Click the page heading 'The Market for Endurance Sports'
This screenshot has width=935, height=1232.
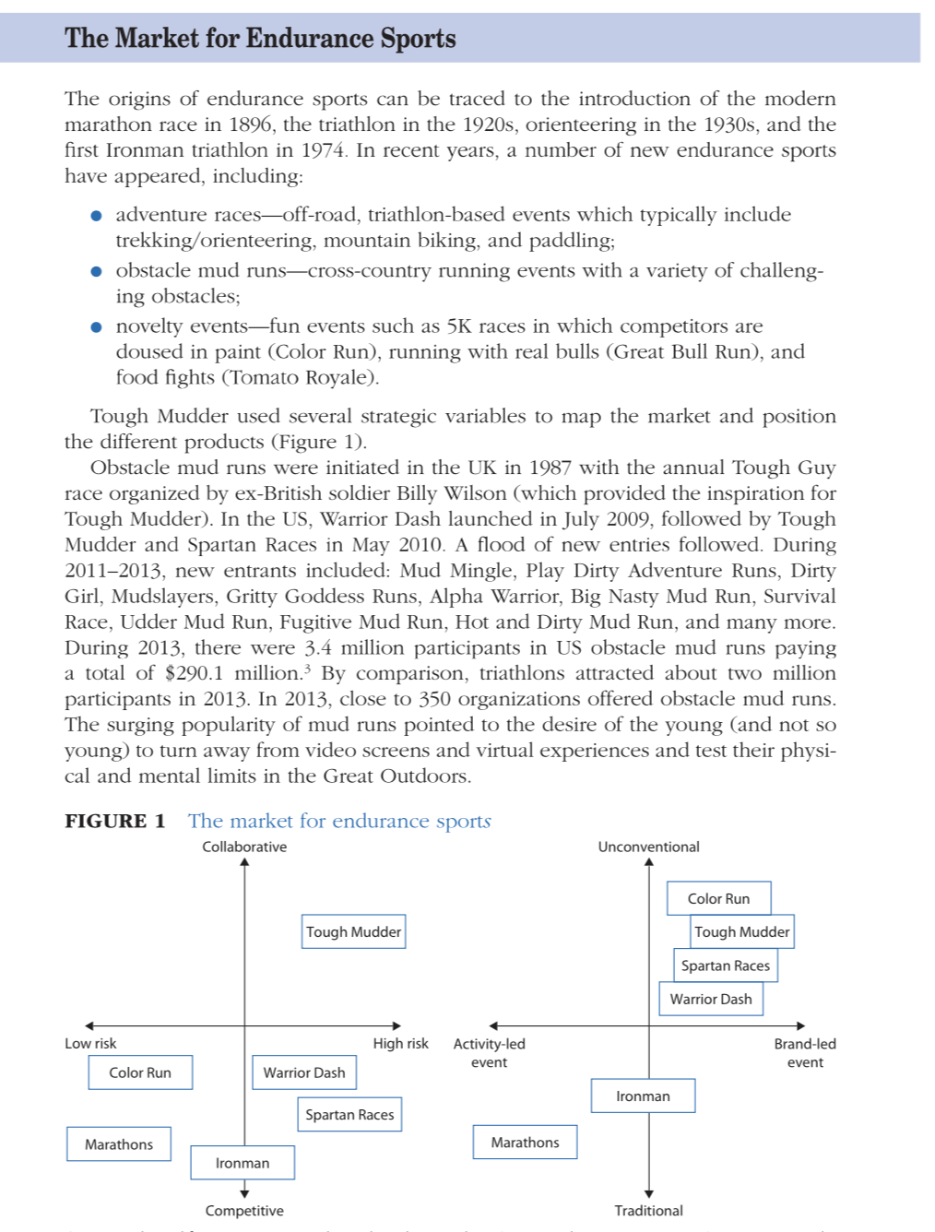click(260, 38)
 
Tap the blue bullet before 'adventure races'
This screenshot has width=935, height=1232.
click(96, 216)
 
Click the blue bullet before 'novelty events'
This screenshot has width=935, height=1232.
click(96, 326)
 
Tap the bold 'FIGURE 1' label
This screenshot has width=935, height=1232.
click(115, 821)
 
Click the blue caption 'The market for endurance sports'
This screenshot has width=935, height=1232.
click(339, 821)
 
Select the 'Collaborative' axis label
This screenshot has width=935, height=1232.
click(244, 847)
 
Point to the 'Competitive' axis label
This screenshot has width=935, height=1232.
click(244, 1211)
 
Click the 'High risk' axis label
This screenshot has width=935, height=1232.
click(400, 1043)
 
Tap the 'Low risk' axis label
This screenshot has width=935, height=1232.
click(90, 1043)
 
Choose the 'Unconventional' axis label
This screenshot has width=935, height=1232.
click(648, 847)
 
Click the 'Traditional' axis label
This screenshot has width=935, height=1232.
click(648, 1211)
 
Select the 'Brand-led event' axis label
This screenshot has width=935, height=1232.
click(805, 1052)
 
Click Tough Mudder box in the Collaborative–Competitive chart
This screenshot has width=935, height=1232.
click(353, 931)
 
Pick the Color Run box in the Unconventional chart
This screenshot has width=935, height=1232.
click(718, 898)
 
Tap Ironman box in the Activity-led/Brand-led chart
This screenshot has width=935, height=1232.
click(643, 1096)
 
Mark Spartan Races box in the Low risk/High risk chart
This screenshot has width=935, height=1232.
click(349, 1114)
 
